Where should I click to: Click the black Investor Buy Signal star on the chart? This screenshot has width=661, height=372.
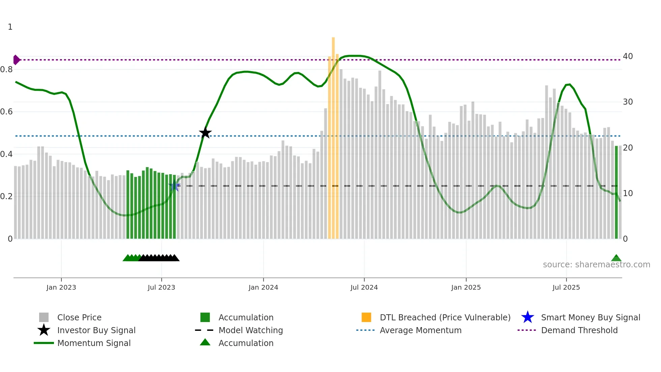205,133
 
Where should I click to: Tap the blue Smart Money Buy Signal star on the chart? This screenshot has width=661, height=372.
174,186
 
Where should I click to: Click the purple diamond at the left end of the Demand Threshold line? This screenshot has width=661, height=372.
16,60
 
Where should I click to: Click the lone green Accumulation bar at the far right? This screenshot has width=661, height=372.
616,192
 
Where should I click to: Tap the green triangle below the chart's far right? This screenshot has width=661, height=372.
616,258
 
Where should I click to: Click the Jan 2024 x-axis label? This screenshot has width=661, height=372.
263,287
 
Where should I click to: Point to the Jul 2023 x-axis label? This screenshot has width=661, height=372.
162,287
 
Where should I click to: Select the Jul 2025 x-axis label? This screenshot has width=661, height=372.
566,287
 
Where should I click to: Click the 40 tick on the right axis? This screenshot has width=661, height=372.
628,56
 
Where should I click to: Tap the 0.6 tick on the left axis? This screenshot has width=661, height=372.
7,112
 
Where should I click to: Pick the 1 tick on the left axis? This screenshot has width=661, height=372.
10,27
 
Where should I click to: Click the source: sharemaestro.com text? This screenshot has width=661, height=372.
596,265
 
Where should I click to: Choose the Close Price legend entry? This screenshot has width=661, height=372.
79,317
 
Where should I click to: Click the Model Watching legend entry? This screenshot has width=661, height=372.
251,330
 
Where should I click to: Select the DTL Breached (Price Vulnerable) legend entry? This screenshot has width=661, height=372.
445,317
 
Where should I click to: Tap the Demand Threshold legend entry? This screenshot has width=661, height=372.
579,330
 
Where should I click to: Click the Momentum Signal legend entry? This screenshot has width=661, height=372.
94,343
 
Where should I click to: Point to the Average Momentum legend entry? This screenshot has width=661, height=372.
420,330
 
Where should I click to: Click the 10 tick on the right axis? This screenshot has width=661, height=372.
628,193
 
